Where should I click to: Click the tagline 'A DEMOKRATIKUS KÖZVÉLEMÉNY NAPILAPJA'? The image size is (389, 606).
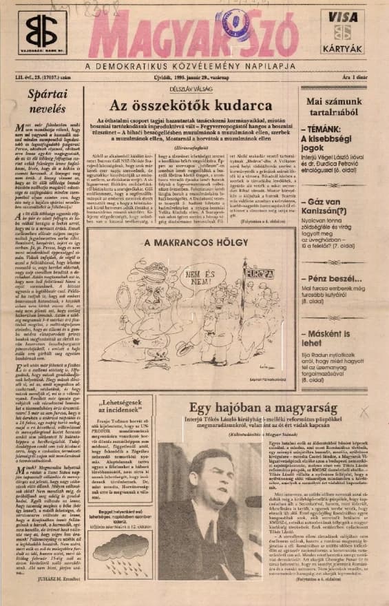point(190,65)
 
